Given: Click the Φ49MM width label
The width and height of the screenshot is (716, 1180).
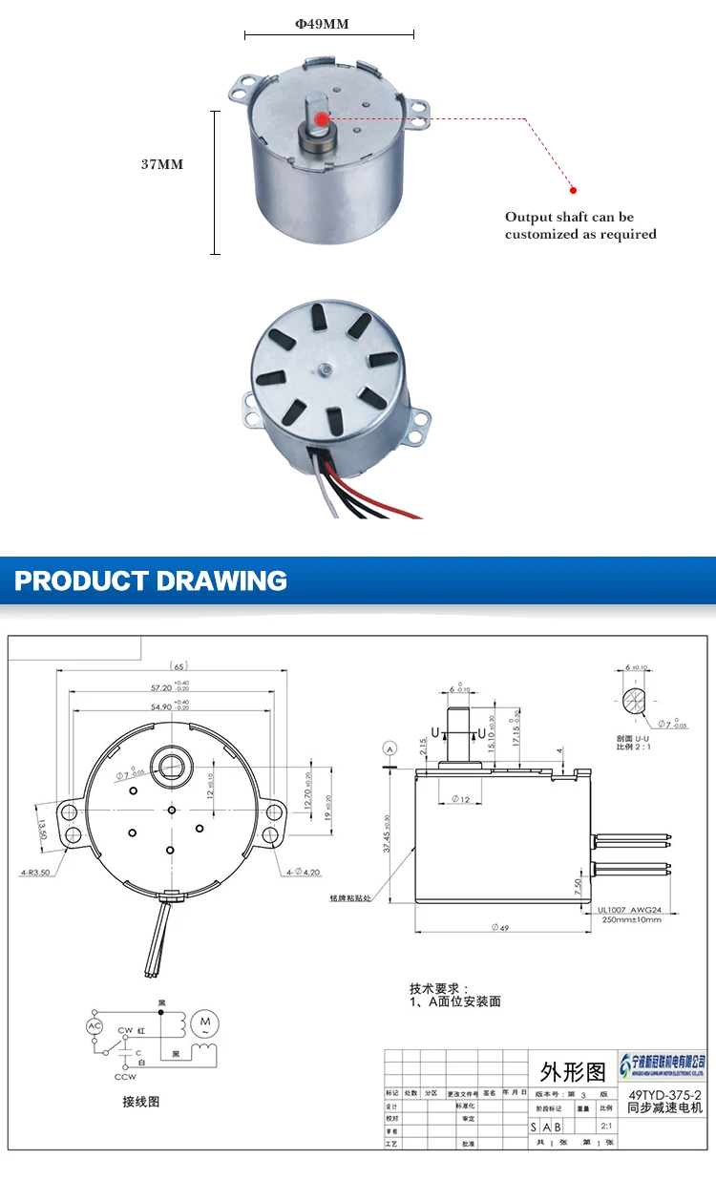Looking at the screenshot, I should [322, 24].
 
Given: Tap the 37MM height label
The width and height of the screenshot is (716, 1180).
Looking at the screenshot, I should [161, 164].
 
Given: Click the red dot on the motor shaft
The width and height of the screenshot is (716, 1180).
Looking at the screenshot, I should [322, 118].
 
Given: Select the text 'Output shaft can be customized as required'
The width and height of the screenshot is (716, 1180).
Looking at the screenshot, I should [580, 225].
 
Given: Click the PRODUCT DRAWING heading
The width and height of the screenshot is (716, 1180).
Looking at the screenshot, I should [151, 580].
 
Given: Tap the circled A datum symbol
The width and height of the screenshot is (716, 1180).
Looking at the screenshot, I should [389, 746].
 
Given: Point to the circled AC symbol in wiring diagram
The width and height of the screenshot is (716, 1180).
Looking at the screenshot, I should [95, 1025].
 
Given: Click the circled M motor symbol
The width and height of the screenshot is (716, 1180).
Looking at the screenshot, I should [204, 1024].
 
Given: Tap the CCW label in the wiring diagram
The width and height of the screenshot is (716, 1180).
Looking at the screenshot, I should [125, 1077].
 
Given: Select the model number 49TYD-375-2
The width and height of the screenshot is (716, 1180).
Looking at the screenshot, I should [664, 1095].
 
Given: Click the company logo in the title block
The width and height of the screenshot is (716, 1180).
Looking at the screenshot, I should [664, 1063].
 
